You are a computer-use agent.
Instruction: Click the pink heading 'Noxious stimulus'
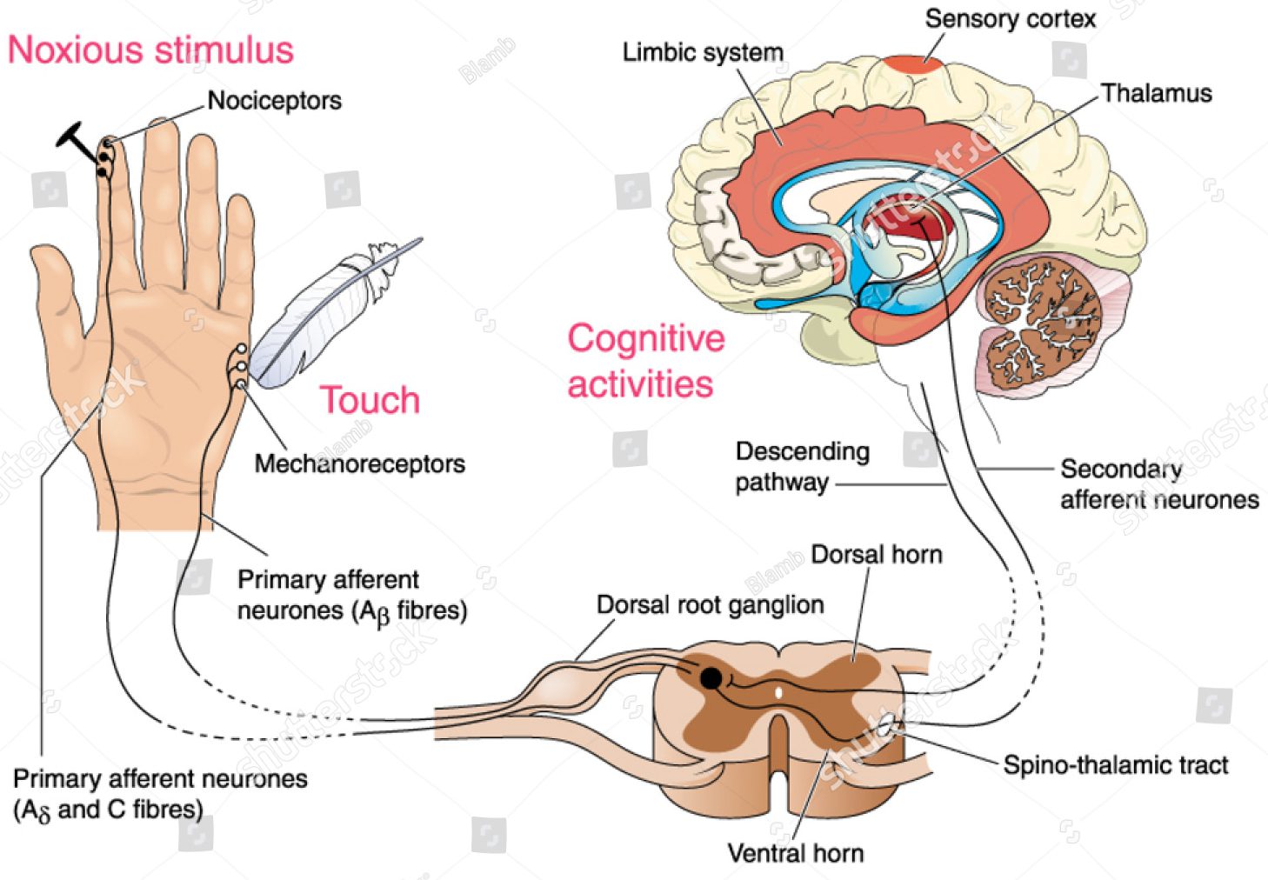(x=150, y=50)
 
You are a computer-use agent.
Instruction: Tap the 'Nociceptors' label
(x=274, y=101)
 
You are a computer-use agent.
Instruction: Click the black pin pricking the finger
(x=78, y=143)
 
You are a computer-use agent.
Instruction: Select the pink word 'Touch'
(x=370, y=400)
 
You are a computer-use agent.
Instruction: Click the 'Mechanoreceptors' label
(x=359, y=463)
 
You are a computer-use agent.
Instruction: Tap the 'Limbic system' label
(x=703, y=53)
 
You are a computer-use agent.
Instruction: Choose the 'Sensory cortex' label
(x=1010, y=19)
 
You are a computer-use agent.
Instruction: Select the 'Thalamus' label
(x=1156, y=93)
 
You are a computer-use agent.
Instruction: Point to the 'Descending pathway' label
(x=801, y=467)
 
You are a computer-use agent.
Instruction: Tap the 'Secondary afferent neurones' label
(x=1158, y=484)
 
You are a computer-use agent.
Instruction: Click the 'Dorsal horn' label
(x=876, y=554)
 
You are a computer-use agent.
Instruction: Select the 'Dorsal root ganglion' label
(x=710, y=604)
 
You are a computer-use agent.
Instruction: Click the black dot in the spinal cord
(x=711, y=678)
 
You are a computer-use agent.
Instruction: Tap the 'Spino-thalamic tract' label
(x=1115, y=765)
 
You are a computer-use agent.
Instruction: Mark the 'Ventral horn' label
(x=795, y=853)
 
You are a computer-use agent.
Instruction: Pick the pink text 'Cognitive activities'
(x=644, y=361)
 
